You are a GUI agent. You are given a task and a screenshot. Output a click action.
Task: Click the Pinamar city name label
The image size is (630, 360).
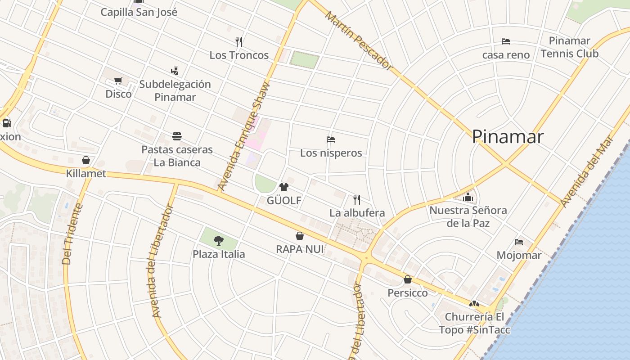tap(508, 136)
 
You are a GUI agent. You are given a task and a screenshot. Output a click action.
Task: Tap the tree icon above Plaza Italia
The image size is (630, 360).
tap(219, 240)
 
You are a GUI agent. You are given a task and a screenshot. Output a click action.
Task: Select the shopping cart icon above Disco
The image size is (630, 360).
tap(118, 81)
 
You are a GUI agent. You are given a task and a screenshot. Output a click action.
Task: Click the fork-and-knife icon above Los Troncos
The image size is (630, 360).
tap(239, 42)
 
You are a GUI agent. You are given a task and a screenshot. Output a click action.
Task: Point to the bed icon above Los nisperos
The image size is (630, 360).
tap(331, 139)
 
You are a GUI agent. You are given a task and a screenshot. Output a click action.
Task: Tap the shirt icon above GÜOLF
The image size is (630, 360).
tap(283, 187)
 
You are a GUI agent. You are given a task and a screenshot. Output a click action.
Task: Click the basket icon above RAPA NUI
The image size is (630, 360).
tap(299, 236)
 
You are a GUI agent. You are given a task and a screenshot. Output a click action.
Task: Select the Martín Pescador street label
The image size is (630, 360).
tap(359, 40)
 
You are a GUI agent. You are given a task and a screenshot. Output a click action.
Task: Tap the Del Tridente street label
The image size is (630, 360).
tap(72, 234)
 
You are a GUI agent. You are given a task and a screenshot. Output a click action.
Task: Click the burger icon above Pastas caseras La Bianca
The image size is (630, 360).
tap(177, 136)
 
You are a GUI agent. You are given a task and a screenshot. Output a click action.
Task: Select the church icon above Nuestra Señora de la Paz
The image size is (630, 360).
tap(468, 197)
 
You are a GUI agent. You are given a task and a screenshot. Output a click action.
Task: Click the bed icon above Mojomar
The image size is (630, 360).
tap(519, 242)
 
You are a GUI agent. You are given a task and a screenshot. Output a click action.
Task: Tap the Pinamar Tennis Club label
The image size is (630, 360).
tap(569, 47)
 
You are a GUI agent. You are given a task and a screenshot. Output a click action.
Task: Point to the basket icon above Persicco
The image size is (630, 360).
tap(407, 279)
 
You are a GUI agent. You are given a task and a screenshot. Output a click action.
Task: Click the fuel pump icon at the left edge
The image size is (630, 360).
tap(6, 123)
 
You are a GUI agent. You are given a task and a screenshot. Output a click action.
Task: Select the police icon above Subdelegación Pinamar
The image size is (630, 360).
tap(175, 71)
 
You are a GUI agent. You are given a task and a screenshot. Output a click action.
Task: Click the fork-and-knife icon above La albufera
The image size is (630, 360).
tap(357, 199)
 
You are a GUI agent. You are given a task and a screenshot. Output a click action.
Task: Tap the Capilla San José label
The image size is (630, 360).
tap(139, 12)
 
